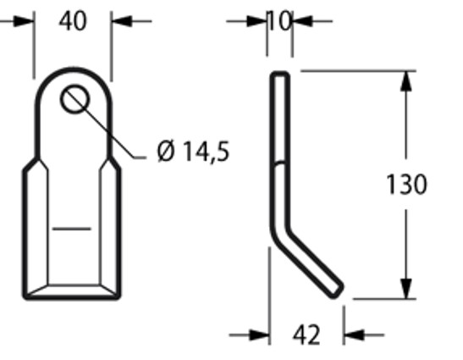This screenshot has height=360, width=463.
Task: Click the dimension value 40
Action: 73,20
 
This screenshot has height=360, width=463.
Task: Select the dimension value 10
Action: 280,19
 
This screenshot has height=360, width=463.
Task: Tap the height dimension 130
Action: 406,185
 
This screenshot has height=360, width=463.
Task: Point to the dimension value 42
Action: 306,335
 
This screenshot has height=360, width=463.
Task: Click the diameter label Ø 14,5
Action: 193,152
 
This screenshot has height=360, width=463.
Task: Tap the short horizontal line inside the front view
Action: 71,227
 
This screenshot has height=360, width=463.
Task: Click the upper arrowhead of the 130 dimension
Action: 407,83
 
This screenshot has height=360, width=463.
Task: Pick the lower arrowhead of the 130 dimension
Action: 407,287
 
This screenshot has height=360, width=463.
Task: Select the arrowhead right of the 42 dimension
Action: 353,335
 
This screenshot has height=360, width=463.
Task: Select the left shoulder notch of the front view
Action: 30,162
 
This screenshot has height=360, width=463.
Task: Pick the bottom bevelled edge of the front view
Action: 71,291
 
